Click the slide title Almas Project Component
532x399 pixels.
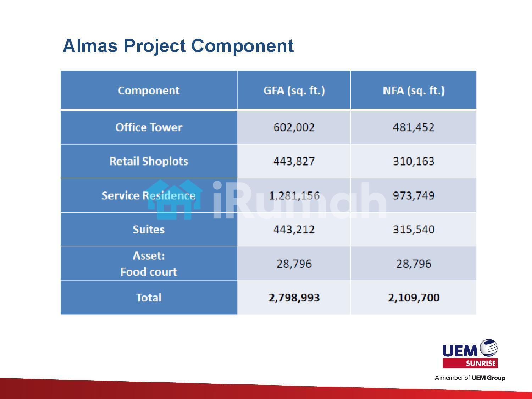coord(178,46)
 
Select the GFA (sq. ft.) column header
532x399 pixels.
coord(294,90)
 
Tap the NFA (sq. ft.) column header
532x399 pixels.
coord(414,90)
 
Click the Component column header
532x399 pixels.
coord(149,90)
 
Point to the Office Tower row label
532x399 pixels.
coord(149,127)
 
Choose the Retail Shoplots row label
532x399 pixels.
coord(149,161)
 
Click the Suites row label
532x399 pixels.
coord(149,229)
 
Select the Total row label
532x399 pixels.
coord(149,298)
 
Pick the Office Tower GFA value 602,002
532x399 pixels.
coord(294,127)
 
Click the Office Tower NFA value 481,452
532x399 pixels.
coord(414,127)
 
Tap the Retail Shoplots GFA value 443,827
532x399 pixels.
coord(294,161)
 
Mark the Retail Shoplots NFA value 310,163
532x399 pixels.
coord(414,161)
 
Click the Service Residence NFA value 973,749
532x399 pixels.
coord(414,195)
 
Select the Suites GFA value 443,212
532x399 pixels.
coord(294,229)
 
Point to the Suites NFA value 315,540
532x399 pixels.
coord(414,229)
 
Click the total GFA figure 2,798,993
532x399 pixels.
coord(294,298)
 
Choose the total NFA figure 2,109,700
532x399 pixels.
coord(414,298)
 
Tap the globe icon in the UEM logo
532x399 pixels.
coord(489,348)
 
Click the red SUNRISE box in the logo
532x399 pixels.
coord(470,364)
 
